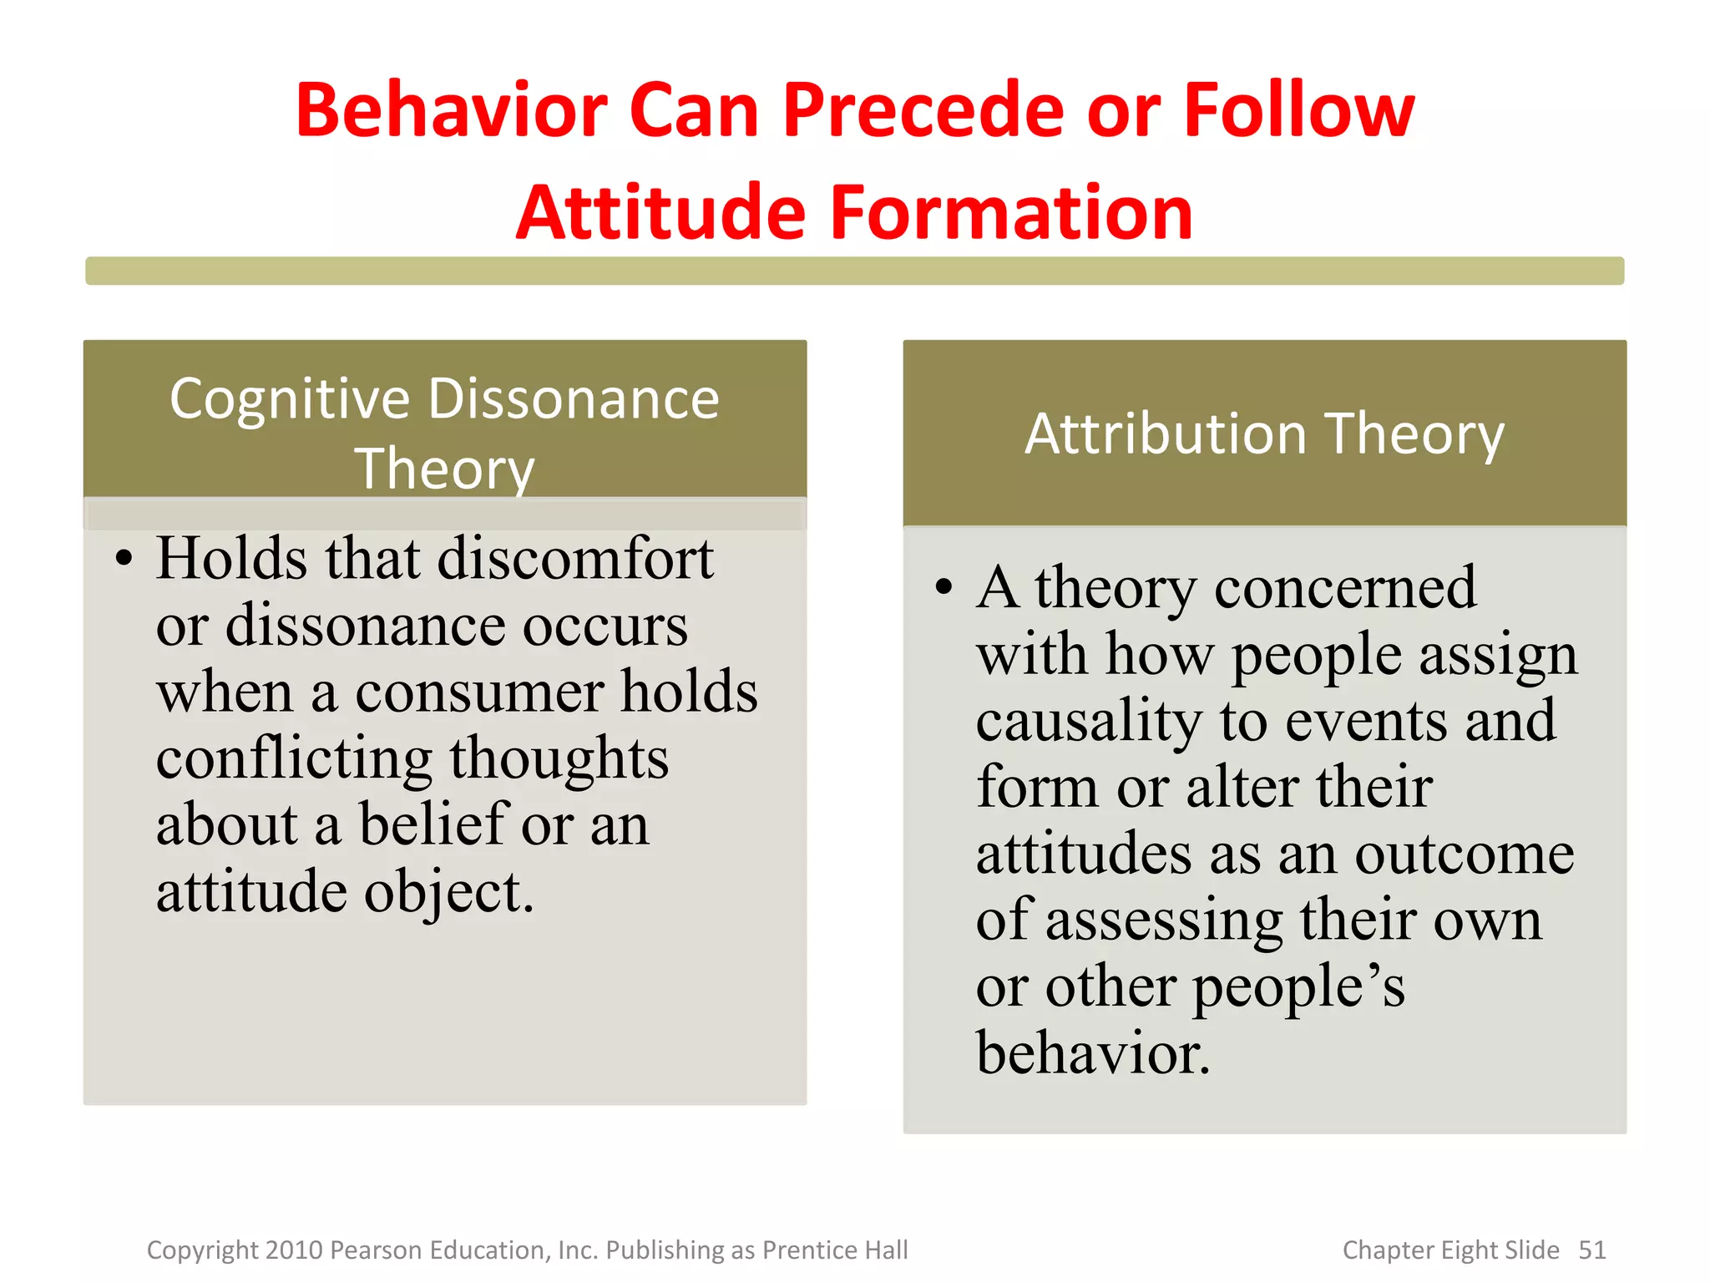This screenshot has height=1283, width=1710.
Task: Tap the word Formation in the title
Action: pos(1011,213)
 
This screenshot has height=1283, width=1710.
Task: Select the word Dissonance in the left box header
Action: pos(574,399)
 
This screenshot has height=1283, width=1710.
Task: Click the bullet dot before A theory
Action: pos(944,588)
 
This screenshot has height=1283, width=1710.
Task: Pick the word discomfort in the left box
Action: pos(575,558)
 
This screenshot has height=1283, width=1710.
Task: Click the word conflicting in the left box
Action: pos(294,758)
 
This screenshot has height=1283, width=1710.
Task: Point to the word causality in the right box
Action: pos(1088,721)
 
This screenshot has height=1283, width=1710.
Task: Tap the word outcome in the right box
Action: pos(1465,854)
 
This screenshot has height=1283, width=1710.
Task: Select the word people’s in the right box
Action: pos(1298,987)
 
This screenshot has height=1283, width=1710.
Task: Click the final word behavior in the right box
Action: pos(1092,1053)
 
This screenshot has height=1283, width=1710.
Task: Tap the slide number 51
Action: pos(1591,1250)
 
